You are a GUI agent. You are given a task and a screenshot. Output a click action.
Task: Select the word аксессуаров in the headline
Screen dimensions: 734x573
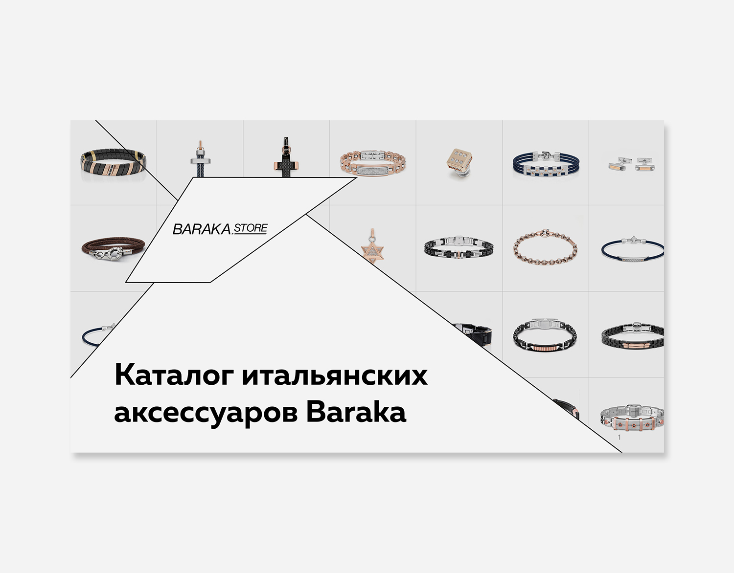coord(206,413)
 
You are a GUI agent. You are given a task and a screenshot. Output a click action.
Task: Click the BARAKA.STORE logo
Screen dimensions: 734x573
coord(220,228)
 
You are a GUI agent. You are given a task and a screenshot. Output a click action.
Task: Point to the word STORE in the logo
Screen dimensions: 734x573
coord(251,228)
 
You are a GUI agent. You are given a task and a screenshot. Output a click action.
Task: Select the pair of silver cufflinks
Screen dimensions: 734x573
coord(626,164)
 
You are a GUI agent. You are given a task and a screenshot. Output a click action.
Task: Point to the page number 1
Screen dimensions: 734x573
coord(619,437)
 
